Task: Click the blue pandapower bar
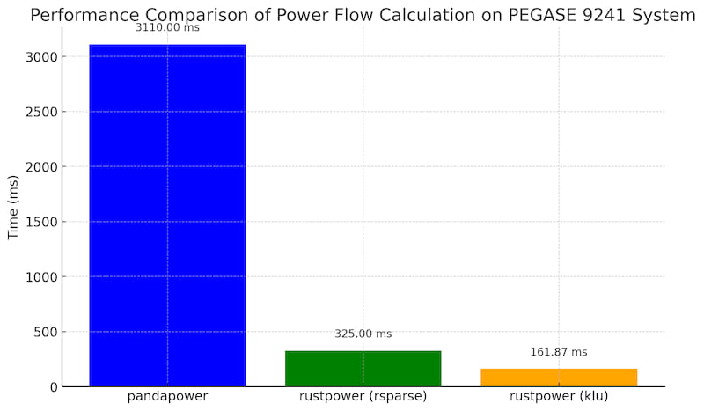coord(167,216)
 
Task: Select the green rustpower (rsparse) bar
coord(363,369)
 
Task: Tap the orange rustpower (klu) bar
coord(558,378)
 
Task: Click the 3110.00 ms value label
coord(167,28)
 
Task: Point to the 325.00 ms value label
coord(363,334)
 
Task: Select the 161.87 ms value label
coord(558,352)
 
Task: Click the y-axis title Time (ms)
coord(14,207)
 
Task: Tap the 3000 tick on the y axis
coord(41,57)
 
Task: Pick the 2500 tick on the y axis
coord(41,112)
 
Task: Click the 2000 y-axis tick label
coord(41,167)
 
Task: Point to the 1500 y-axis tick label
coord(41,222)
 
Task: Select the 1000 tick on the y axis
coord(41,277)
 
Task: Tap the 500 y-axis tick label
coord(46,332)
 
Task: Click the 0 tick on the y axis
coord(55,387)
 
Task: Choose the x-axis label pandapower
coord(167,397)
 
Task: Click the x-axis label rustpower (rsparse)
coord(363,397)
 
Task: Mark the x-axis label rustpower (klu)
coord(558,397)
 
